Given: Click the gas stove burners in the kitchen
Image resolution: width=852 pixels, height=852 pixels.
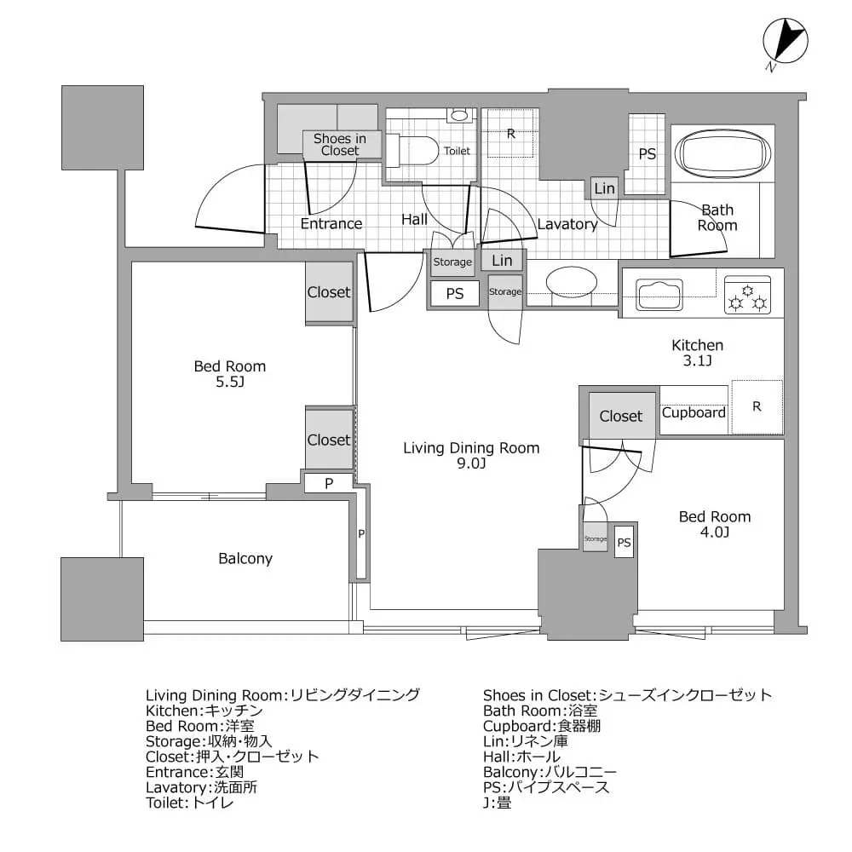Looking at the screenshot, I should pos(747,294).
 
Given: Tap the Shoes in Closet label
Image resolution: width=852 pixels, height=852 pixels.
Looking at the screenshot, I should pos(339,144).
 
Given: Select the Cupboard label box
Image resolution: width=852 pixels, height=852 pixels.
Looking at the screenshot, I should pos(694,412).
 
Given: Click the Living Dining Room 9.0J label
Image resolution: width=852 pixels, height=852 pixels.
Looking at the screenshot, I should pos(471,456).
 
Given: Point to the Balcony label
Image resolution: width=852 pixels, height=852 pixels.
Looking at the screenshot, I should pos(245,559).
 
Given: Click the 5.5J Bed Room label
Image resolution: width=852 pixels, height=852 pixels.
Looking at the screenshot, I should pos(230,374).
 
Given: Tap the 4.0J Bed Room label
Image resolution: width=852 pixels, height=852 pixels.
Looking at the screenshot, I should pos(714,524).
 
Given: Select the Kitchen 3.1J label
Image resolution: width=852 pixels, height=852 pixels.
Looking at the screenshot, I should pos(698,353).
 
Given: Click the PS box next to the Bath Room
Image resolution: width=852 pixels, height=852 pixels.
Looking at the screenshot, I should pos(648,154).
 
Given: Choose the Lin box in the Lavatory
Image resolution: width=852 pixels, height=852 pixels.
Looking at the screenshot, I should pos(604,188).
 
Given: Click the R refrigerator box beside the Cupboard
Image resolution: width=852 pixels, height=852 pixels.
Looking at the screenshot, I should pos(756,406).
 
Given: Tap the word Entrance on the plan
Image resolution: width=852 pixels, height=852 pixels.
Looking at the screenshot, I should pos(331,223).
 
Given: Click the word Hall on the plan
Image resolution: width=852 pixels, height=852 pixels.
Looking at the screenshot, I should pos(414,219).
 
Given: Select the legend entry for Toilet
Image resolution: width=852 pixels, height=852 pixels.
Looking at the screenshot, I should pos(189,802).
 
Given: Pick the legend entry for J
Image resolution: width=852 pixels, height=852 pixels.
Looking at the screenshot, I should pos(497,802).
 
